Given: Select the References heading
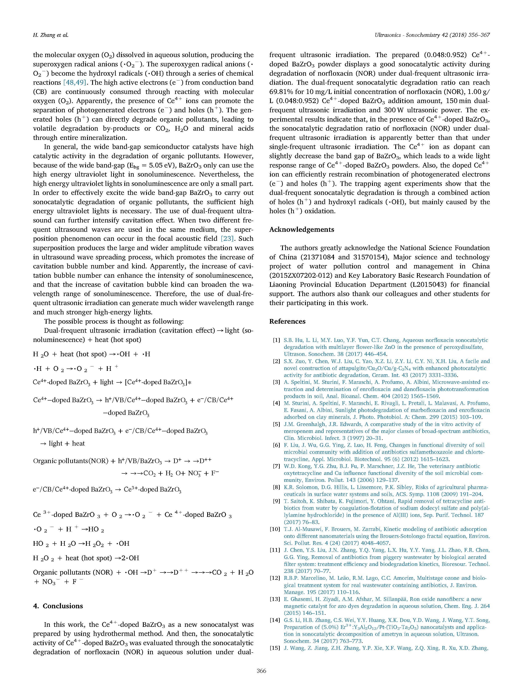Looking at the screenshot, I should tap(287, 321).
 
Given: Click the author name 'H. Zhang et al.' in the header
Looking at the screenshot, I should tap(50, 35).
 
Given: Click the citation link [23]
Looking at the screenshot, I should tap(227, 239).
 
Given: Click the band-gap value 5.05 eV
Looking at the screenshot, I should tap(166, 165).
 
